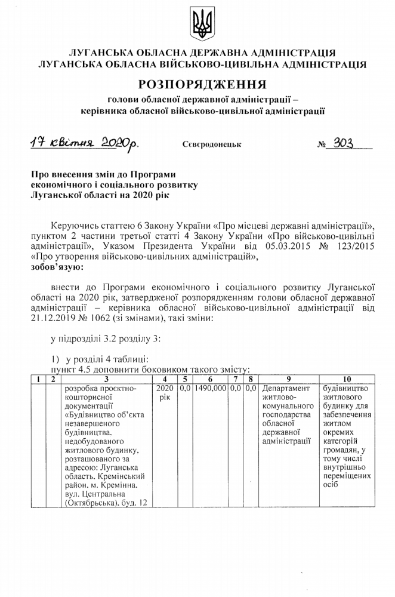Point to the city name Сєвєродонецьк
coord(208,144)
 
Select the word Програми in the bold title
coord(153,175)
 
